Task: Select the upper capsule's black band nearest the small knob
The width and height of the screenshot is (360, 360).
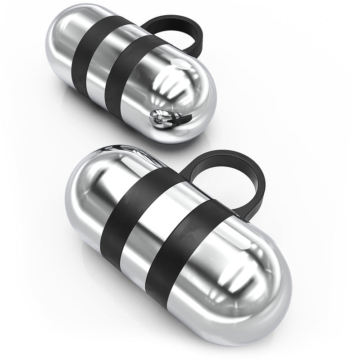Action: click(130, 76)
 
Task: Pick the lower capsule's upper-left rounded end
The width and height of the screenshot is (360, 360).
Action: click(90, 180)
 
